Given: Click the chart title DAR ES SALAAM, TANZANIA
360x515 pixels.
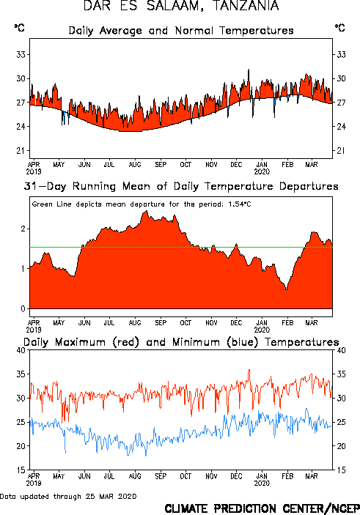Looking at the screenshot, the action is tap(181, 6).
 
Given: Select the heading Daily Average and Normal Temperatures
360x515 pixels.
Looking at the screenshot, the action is tap(181, 31).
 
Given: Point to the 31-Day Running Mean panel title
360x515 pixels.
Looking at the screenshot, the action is tap(181, 187).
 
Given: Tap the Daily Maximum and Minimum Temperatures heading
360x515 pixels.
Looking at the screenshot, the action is tap(181, 342).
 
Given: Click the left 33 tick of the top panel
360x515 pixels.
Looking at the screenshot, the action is tap(21, 54).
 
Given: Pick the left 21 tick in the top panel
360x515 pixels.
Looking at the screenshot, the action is tap(21, 151).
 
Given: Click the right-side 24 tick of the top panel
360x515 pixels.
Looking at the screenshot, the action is tap(341, 127).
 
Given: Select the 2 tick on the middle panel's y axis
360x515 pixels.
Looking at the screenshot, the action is tap(23, 229).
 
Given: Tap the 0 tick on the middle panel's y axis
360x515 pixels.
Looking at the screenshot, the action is tap(23, 308).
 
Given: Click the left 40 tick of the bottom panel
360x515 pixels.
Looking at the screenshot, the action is tap(21, 350).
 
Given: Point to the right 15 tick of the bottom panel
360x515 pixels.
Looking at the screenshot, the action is tap(341, 470).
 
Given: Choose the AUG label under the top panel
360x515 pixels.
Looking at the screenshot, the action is tap(135, 165).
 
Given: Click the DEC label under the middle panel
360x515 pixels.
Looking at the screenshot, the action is tap(236, 323).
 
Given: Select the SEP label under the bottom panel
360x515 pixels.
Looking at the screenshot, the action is tap(161, 476).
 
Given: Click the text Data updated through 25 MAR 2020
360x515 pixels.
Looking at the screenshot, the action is tap(68, 496).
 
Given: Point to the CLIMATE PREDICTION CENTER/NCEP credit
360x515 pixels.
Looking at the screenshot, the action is tap(262, 508).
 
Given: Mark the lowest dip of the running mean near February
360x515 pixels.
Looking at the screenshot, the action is tap(287, 289).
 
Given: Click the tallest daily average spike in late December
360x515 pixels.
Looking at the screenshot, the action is tap(249, 70).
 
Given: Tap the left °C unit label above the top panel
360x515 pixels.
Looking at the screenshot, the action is tap(19, 28).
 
